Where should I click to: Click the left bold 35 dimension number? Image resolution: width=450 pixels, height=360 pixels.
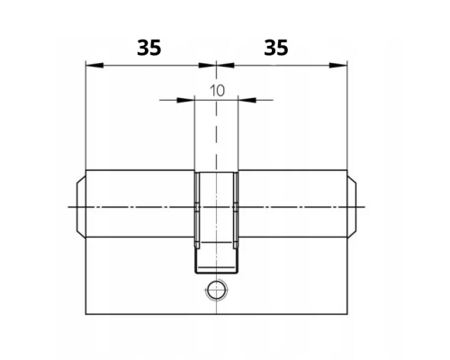(x=149, y=48)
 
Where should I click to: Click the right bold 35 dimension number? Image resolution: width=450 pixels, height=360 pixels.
(x=276, y=48)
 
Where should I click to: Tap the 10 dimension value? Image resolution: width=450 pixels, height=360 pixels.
(x=217, y=91)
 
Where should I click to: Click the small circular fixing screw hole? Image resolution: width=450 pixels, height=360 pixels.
(x=216, y=290)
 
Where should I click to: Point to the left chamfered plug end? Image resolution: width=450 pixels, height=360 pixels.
(x=81, y=207)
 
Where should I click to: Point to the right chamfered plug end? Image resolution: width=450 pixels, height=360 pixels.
(x=352, y=207)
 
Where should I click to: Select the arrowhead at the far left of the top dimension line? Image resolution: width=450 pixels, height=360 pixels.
(x=94, y=65)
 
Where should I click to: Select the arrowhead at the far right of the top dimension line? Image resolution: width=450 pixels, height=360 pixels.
(x=338, y=65)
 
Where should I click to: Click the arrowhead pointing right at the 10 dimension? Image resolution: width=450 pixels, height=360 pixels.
(x=185, y=100)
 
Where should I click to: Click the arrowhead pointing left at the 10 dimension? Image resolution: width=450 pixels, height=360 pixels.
(x=247, y=100)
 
